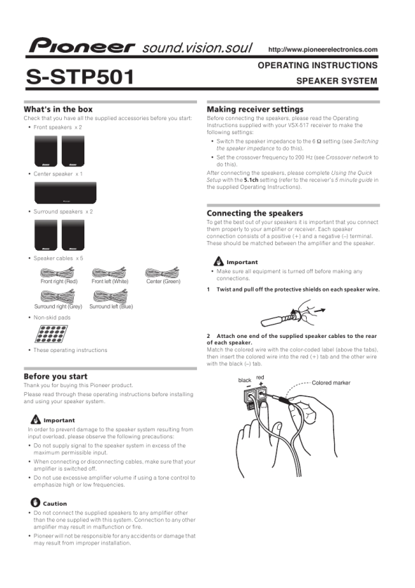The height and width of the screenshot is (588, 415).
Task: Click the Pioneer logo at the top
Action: (82, 46)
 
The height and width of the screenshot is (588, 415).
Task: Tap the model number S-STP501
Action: (80, 77)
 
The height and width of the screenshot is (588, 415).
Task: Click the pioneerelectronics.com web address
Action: (323, 49)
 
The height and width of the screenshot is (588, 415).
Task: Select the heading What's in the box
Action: (58, 109)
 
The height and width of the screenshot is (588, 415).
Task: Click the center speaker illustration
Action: (65, 192)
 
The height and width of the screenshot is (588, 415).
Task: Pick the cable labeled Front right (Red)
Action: (57, 273)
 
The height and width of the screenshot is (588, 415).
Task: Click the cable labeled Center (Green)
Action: (162, 273)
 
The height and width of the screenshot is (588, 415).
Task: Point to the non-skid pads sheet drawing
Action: (51, 334)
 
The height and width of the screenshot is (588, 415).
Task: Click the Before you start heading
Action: (55, 376)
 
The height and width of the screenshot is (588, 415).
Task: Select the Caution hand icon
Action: (35, 502)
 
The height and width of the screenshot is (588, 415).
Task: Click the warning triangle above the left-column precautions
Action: (36, 419)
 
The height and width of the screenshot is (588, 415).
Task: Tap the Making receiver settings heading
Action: (255, 109)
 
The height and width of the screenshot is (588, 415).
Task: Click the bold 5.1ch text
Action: (251, 180)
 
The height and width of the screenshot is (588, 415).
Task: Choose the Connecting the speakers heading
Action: (255, 213)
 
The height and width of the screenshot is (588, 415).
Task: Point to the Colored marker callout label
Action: (331, 383)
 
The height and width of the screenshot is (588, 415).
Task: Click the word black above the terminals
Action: (245, 380)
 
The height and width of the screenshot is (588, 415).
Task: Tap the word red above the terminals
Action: (260, 377)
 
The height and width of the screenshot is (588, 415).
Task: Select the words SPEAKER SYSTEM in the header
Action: (336, 81)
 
